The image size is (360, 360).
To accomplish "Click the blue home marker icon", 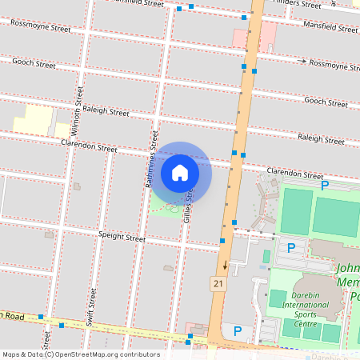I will (180, 172).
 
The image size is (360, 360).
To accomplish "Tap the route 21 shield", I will (218, 284).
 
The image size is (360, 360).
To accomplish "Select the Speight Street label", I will (122, 238).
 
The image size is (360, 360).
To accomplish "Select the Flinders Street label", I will (298, 4).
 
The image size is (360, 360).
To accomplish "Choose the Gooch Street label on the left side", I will (33, 64).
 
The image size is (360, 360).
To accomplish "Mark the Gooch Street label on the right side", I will (326, 102).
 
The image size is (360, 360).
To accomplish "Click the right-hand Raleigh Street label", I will (321, 138).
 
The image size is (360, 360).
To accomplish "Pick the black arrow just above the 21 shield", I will (226, 265).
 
